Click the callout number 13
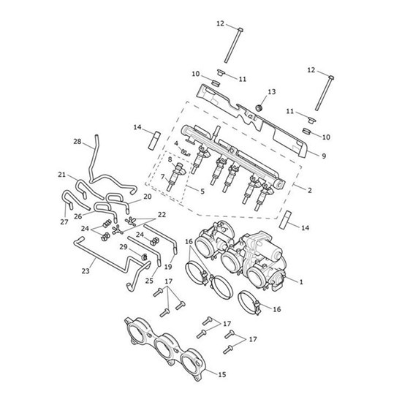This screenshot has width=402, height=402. [x=271, y=91]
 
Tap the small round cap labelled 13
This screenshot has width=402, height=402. [x=260, y=107]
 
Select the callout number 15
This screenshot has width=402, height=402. [x=222, y=374]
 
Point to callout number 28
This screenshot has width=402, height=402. [x=77, y=141]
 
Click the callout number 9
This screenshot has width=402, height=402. [x=324, y=156]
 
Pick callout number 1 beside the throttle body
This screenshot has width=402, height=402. [x=301, y=281]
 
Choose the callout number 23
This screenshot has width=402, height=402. [x=86, y=270]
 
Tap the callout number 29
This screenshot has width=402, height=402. [x=124, y=247]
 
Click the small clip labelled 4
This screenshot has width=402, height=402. [x=186, y=152]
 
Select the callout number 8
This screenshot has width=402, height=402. [x=170, y=159]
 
